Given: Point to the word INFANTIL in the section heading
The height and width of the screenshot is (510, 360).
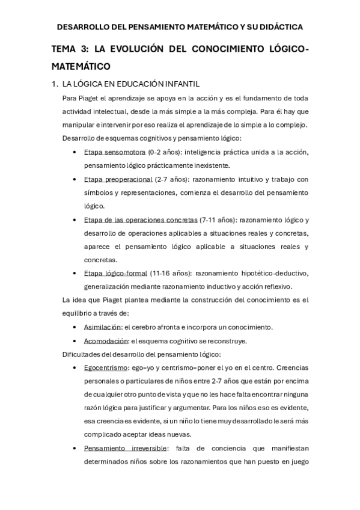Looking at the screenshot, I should (180, 84).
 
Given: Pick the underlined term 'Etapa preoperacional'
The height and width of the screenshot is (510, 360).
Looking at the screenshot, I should (118, 179).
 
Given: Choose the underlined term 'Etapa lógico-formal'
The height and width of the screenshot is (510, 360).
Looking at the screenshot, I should (115, 273).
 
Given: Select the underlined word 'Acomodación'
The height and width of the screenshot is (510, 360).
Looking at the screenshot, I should (104, 340).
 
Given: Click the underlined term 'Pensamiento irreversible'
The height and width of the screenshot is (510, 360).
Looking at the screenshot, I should (126, 448).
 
